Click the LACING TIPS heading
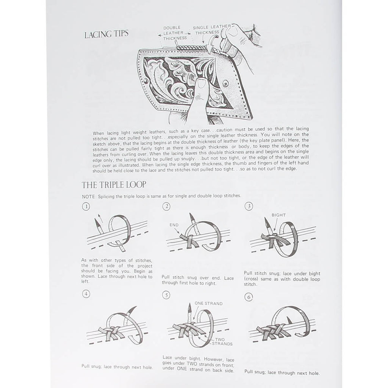tap(106, 34)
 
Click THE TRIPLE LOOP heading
tap(114, 185)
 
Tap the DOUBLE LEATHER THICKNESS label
tap(175, 33)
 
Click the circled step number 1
tap(86, 207)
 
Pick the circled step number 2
tap(166, 206)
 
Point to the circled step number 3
tap(249, 206)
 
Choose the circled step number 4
tap(86, 294)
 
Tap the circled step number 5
tap(166, 295)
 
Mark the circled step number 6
tap(249, 297)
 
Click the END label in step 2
tap(174, 225)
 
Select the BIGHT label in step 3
tap(278, 215)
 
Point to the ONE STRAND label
tap(208, 304)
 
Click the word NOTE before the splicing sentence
tap(88, 197)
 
